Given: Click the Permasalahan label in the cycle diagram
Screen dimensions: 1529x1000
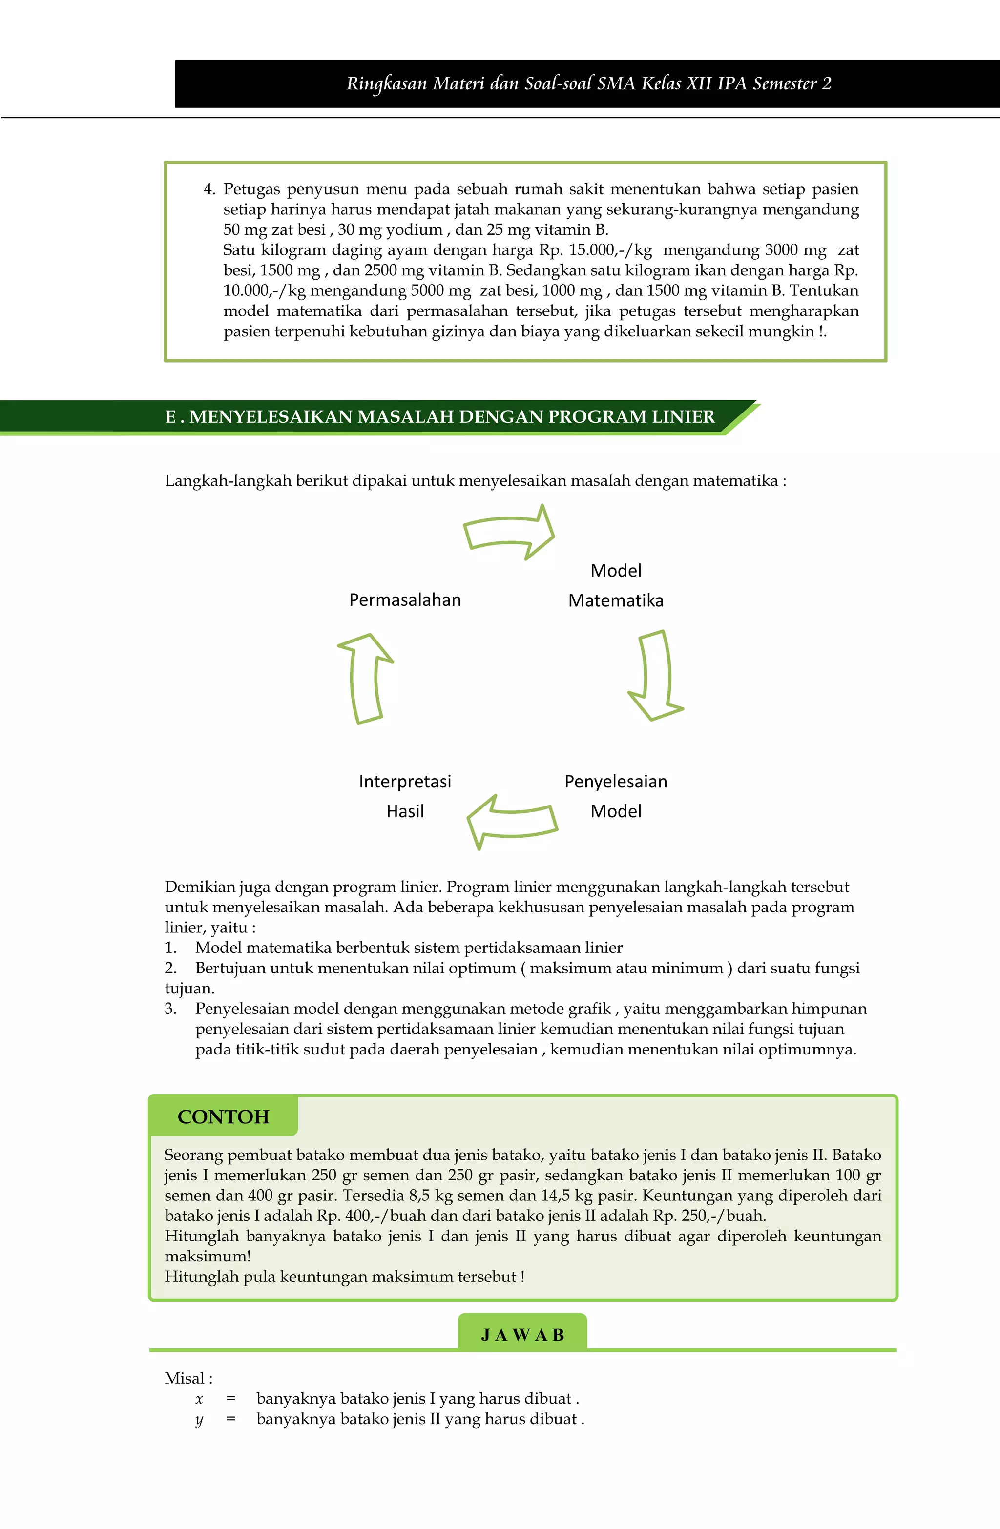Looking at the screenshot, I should (405, 599).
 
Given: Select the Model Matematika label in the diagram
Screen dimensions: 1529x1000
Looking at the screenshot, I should (616, 585).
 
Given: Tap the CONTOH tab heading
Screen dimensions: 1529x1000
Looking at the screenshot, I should (223, 1117).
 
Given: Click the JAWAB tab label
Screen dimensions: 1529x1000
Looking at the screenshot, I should (522, 1336).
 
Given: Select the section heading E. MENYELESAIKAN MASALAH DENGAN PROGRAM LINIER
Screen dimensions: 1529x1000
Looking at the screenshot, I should (439, 417).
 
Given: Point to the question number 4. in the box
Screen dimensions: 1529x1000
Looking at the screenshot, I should (209, 189).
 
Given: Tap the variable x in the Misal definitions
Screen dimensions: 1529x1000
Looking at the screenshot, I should (199, 1399).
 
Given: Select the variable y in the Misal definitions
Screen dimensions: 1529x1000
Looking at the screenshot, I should (199, 1419).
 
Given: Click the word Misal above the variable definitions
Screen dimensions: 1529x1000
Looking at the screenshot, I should (185, 1378).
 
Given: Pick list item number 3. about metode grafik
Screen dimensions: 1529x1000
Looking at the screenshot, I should (170, 1009).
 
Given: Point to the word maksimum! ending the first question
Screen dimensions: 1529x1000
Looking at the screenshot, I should (208, 1256).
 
